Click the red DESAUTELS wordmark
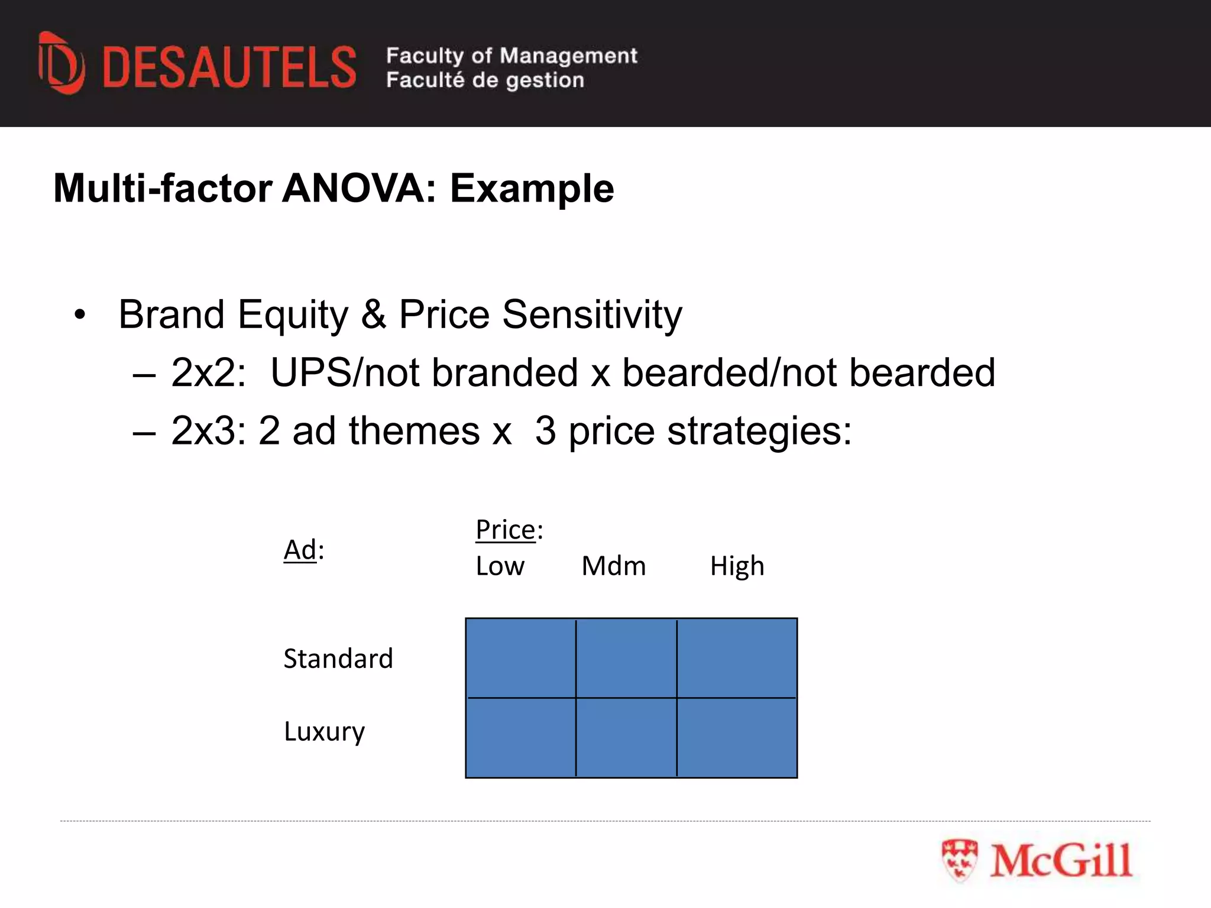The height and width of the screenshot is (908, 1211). click(x=229, y=67)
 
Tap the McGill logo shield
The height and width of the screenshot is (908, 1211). click(x=959, y=860)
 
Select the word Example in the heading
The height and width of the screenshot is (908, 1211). click(x=532, y=189)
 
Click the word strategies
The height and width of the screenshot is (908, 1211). click(x=760, y=430)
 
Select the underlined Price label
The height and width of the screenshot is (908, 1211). click(x=506, y=530)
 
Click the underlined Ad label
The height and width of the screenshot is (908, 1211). click(x=300, y=550)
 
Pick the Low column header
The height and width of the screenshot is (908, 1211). click(x=500, y=566)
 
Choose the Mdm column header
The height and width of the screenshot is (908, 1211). click(x=614, y=566)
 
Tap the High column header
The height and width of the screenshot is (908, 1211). click(x=737, y=566)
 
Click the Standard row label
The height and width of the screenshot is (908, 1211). click(x=338, y=659)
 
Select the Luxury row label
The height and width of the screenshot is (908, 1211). click(x=325, y=732)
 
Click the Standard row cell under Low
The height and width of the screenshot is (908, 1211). click(x=521, y=659)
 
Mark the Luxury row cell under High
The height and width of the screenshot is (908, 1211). click(x=737, y=738)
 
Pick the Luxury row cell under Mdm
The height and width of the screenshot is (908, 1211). click(x=626, y=738)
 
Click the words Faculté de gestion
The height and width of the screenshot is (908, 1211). click(x=485, y=80)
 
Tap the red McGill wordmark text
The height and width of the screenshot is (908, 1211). click(x=1061, y=861)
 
